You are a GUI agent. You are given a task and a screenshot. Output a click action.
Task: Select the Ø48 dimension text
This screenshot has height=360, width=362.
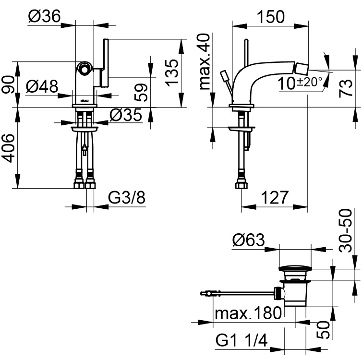click(x=42, y=87)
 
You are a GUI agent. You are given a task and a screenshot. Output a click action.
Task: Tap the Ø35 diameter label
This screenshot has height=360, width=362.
click(x=125, y=115)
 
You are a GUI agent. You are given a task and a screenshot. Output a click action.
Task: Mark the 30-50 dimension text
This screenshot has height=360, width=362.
click(x=346, y=230)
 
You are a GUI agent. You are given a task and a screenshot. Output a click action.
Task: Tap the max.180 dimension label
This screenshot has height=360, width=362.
click(x=248, y=314)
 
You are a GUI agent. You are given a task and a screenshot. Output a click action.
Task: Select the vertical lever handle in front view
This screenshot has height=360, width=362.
click(x=105, y=63)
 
